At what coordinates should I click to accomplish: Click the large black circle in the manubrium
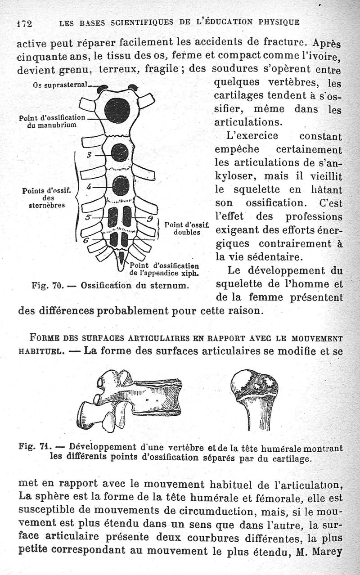click(117, 110)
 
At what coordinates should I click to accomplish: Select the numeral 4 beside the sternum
click(89, 186)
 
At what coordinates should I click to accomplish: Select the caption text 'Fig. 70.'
click(48, 285)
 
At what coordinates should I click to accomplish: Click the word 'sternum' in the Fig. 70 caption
click(171, 285)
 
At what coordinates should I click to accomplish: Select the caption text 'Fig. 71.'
click(34, 448)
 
